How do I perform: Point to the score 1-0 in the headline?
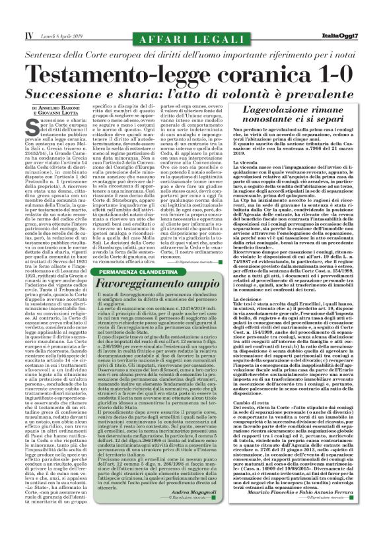tap(326, 71)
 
